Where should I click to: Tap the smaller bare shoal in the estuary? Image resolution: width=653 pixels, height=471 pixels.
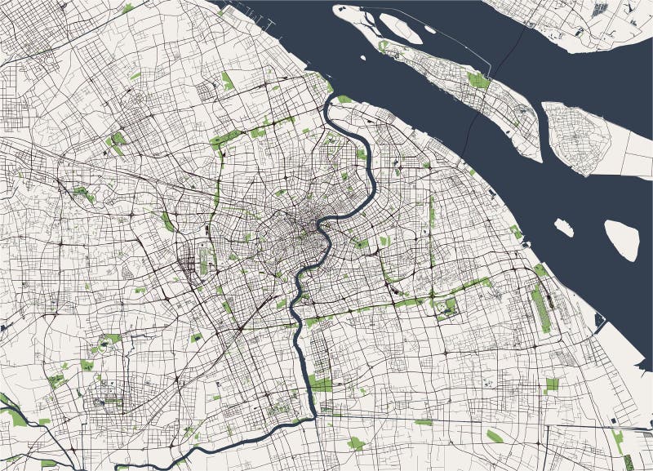click(x=563, y=227)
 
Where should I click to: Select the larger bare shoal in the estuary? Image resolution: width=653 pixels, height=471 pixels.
click(x=622, y=238)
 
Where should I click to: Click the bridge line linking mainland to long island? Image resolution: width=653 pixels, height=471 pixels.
click(x=471, y=122)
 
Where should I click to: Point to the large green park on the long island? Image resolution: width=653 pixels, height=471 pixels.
click(x=478, y=80)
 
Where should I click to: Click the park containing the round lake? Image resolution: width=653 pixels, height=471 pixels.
click(x=447, y=307)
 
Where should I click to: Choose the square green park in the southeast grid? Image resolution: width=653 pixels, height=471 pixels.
click(x=552, y=384)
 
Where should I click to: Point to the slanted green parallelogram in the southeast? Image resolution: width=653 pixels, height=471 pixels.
click(x=495, y=436)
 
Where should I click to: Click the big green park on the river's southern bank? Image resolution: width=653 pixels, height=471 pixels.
click(x=320, y=382)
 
